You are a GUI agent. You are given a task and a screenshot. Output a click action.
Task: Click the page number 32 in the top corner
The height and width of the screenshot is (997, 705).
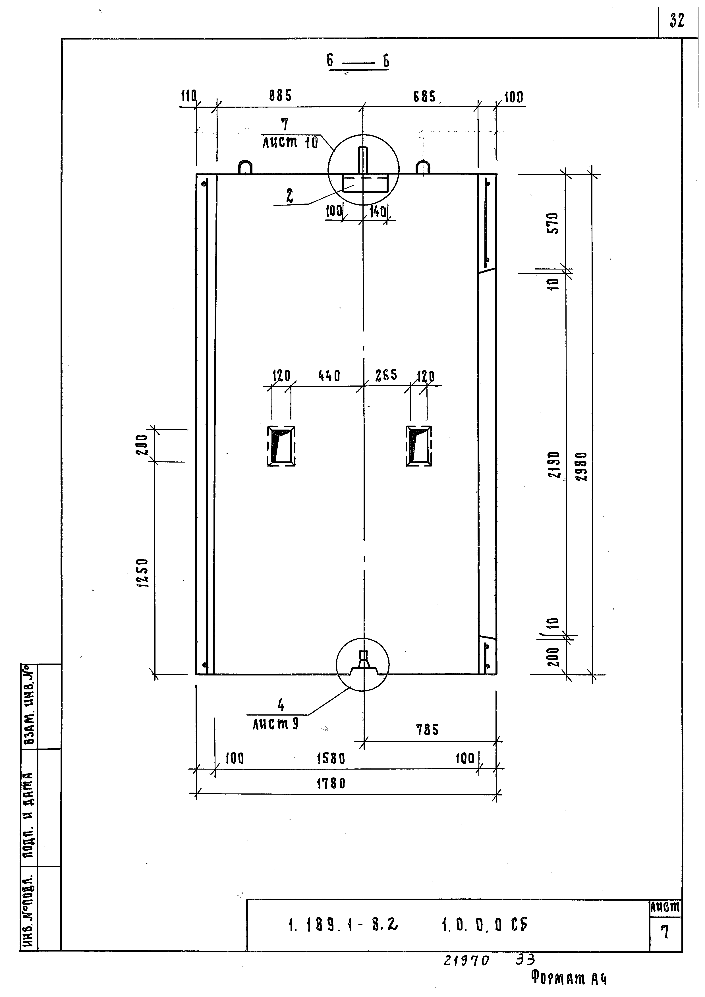[677, 20]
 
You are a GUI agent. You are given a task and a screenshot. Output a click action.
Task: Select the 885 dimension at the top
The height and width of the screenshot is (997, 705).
[281, 96]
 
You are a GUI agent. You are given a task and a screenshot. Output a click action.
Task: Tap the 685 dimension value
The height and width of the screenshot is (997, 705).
[424, 96]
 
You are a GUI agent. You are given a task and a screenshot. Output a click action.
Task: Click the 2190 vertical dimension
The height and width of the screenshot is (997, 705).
[554, 465]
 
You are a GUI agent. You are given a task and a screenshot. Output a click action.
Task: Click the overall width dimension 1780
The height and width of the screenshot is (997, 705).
[331, 784]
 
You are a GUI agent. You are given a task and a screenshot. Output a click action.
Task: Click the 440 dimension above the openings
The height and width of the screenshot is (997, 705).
[329, 376]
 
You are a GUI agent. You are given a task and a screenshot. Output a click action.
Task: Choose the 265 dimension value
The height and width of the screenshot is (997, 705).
[386, 375]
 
